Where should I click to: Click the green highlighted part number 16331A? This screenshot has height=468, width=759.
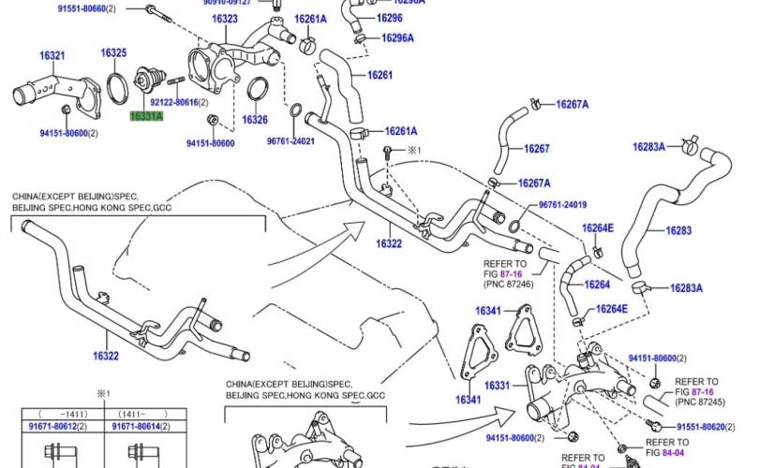coord(146,116)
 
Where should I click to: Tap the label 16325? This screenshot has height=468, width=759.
coord(113,52)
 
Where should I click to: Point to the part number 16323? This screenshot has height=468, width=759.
coord(223,19)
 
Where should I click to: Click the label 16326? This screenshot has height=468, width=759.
coord(255,120)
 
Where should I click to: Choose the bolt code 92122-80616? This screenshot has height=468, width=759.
coord(171,102)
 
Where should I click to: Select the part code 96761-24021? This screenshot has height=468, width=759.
coord(290,141)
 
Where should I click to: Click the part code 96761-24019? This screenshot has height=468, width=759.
coord(562,205)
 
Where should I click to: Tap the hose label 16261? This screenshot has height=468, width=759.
coord(379,75)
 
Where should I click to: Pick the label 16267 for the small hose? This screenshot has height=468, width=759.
coord(536,149)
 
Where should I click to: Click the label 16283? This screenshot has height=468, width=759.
coord(678,230)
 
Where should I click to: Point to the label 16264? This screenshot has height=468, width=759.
coord(597,285)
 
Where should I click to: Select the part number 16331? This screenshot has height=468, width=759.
coord(497,386)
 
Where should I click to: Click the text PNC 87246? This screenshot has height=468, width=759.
coord(510,284)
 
